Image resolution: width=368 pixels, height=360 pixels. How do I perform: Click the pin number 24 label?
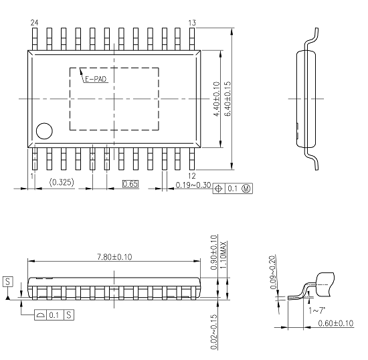pyautogui.click(x=34, y=23)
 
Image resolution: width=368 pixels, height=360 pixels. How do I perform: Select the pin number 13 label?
pyautogui.click(x=192, y=23)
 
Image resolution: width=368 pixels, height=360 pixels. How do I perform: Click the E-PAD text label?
pyautogui.click(x=95, y=79)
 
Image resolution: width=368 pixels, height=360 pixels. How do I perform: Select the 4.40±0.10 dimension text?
pyautogui.click(x=216, y=99)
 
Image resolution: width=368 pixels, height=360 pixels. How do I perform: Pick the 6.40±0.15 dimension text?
pyautogui.click(x=227, y=99)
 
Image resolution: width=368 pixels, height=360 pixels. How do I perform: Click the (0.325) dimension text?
pyautogui.click(x=62, y=183)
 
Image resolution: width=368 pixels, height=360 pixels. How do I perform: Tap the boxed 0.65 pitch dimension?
pyautogui.click(x=130, y=183)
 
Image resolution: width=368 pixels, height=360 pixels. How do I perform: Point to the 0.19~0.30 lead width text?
pyautogui.click(x=193, y=185)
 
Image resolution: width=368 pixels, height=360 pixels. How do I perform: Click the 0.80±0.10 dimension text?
pyautogui.click(x=214, y=252)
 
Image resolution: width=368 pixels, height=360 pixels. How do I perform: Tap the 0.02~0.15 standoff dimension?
pyautogui.click(x=214, y=331)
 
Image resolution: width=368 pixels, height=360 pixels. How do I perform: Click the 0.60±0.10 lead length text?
pyautogui.click(x=335, y=324)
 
